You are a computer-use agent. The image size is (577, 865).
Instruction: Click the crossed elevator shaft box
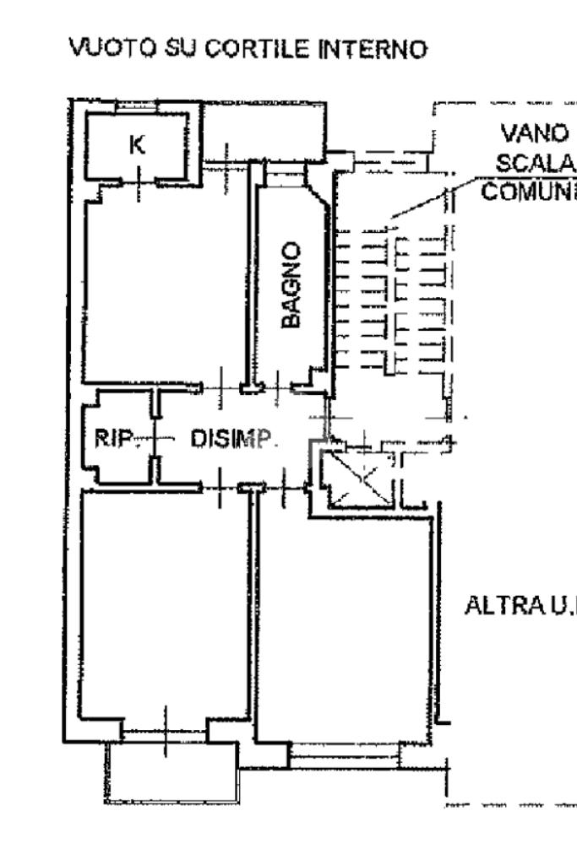(x=359, y=480)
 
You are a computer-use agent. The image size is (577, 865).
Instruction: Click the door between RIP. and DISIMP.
(x=156, y=438)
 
